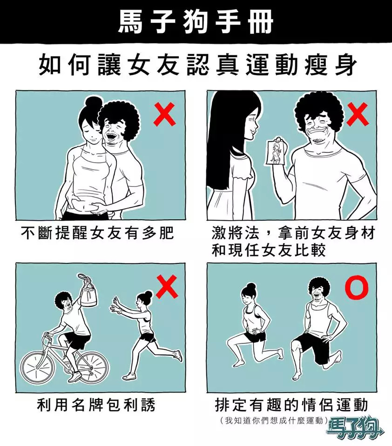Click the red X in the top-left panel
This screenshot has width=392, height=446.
[164, 114]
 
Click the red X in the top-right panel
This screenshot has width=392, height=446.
[358, 114]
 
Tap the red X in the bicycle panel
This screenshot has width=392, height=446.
[167, 286]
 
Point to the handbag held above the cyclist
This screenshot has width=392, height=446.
[88, 293]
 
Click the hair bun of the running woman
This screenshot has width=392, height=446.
[149, 294]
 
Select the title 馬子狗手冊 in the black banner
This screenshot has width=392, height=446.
[196, 22]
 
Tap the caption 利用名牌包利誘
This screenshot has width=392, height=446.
[96, 405]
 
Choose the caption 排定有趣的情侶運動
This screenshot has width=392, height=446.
[291, 405]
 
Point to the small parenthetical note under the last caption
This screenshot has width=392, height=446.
[273, 420]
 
